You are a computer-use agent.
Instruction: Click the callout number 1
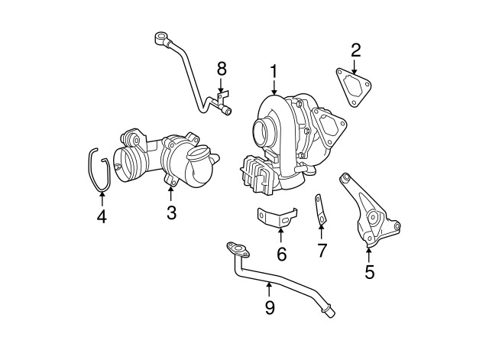(x=273, y=72)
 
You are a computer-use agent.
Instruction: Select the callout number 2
(x=355, y=51)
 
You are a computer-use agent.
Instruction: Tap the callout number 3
(x=172, y=212)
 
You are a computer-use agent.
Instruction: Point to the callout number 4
(x=102, y=217)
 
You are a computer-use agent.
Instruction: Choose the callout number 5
(x=370, y=271)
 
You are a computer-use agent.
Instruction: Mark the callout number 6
(x=281, y=254)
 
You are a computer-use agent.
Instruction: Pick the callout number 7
(x=322, y=250)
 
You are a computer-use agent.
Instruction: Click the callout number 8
(x=222, y=69)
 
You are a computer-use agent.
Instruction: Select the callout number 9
(x=269, y=307)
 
